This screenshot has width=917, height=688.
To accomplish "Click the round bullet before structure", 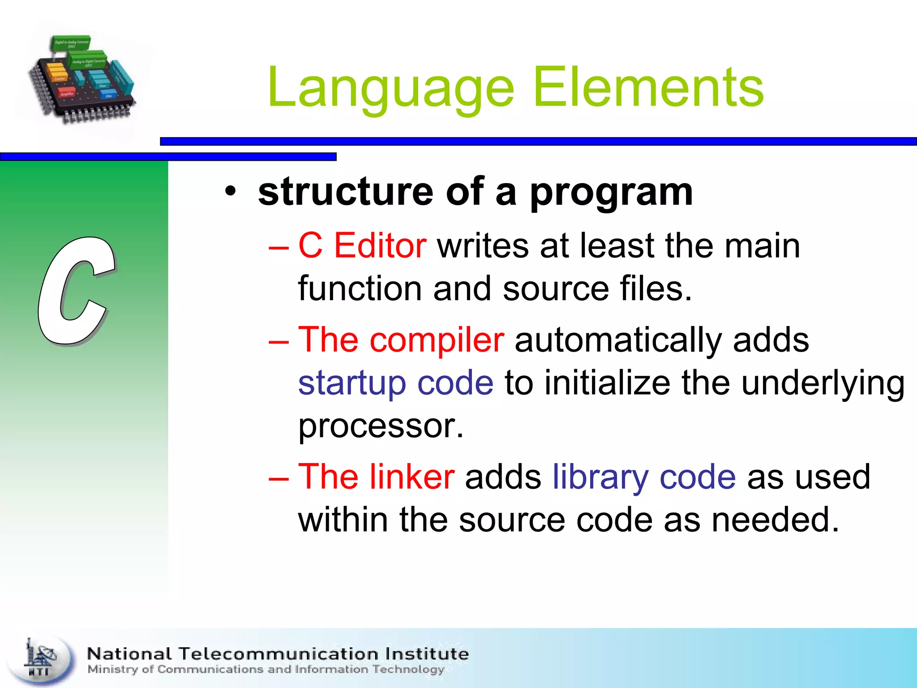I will point(230,192).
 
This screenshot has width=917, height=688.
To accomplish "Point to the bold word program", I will point(611,193).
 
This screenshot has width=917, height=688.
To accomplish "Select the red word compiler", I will point(437,340).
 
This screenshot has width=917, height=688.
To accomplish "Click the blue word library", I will point(600,477).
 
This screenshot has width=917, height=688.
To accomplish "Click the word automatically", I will point(618,340).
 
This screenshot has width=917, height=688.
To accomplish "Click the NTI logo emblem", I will point(41,659).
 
